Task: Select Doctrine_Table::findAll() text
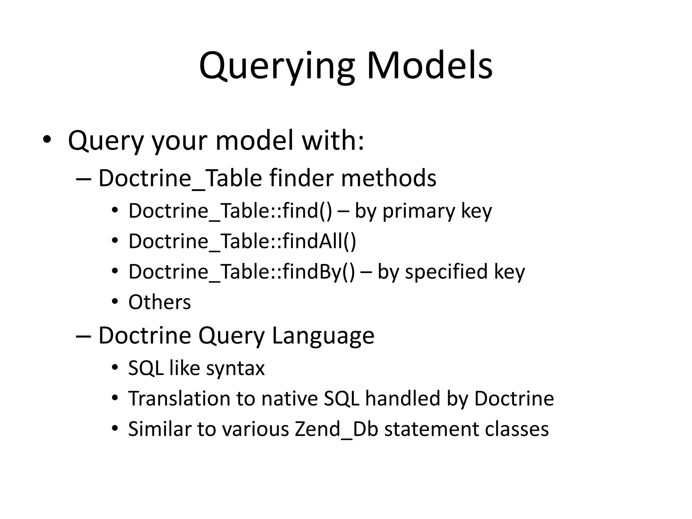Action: [242, 241]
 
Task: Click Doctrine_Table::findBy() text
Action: [242, 272]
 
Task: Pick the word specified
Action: [446, 272]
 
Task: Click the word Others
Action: [159, 302]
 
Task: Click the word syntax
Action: [235, 368]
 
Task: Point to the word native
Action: [289, 398]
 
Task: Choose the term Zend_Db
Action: [336, 429]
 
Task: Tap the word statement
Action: [431, 429]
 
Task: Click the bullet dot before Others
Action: [115, 301]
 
